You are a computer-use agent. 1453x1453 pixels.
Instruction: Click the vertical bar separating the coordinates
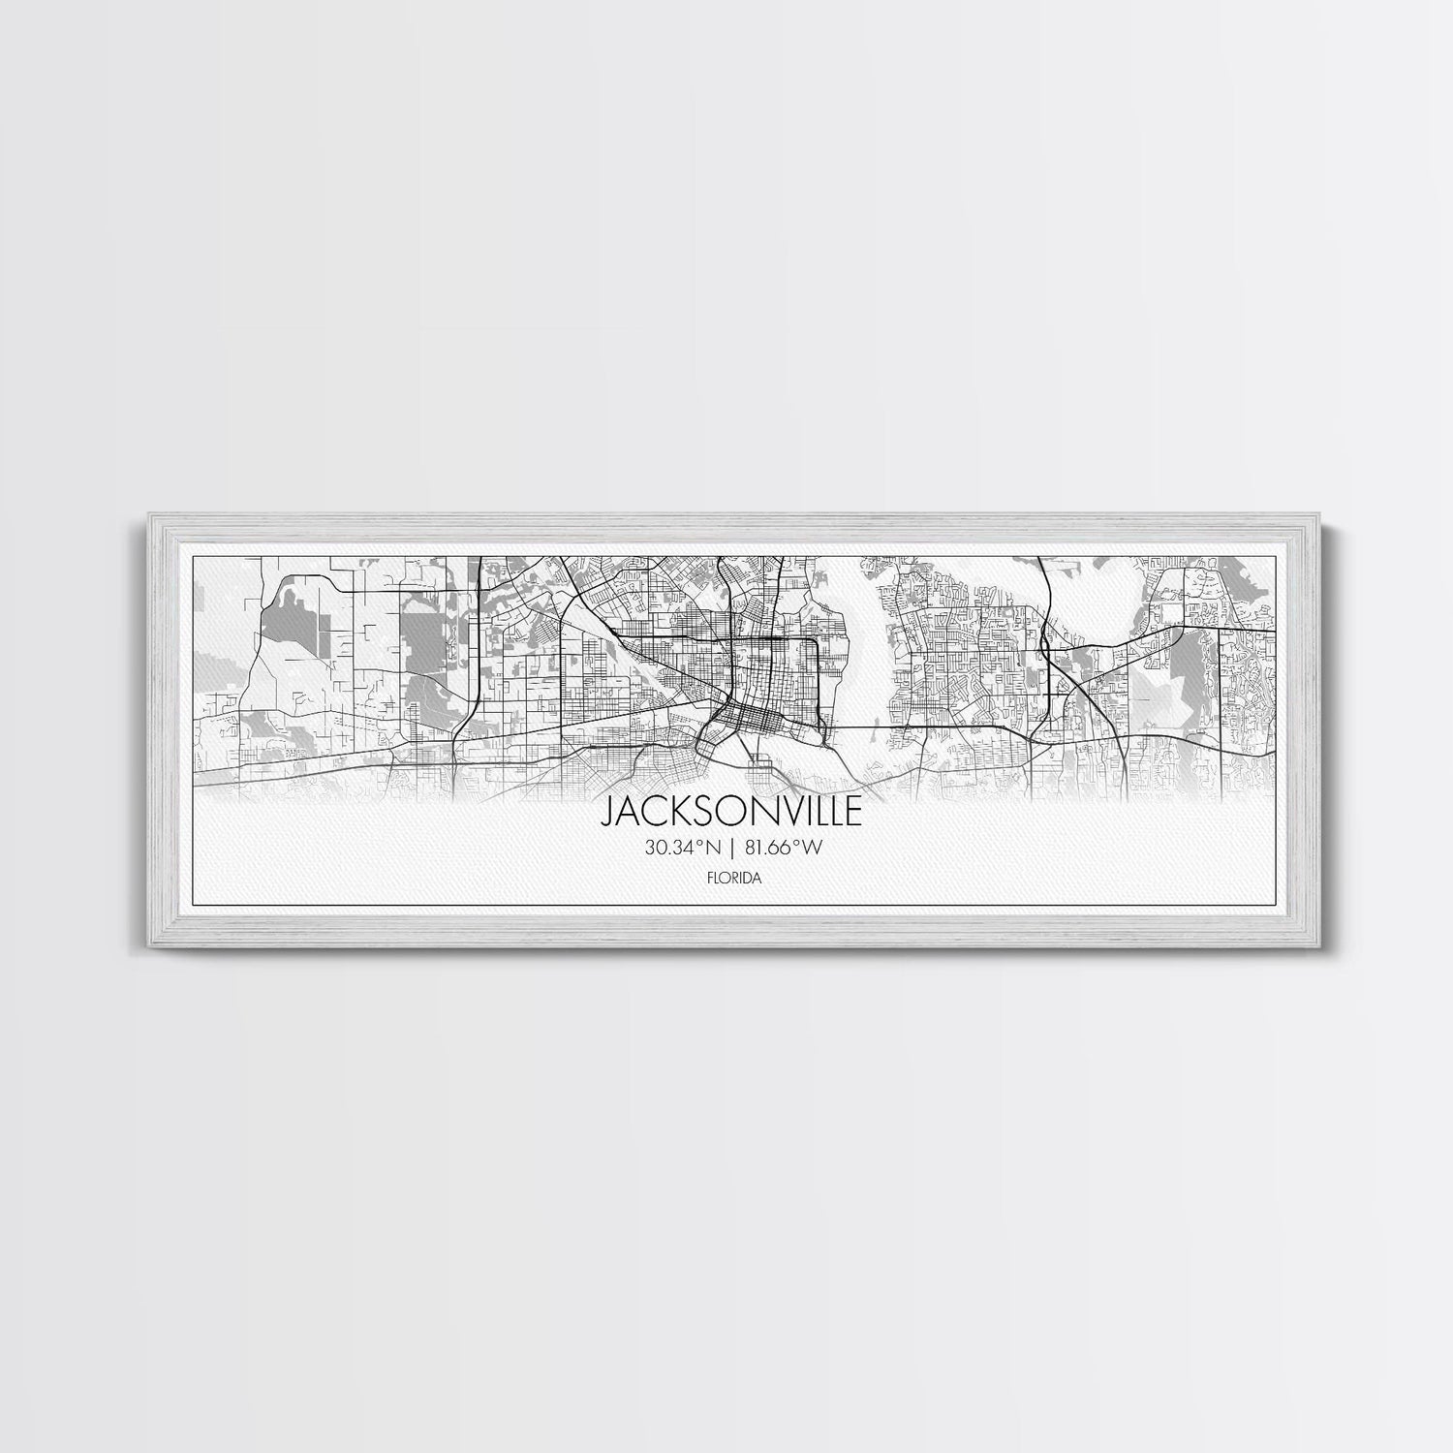[733, 849]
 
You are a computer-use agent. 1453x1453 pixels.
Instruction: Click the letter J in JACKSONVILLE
[610, 812]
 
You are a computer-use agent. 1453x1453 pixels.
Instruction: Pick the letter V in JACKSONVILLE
[775, 812]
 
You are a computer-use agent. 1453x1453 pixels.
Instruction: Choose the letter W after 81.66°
[814, 849]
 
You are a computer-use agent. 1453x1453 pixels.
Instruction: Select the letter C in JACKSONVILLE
[651, 812]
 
